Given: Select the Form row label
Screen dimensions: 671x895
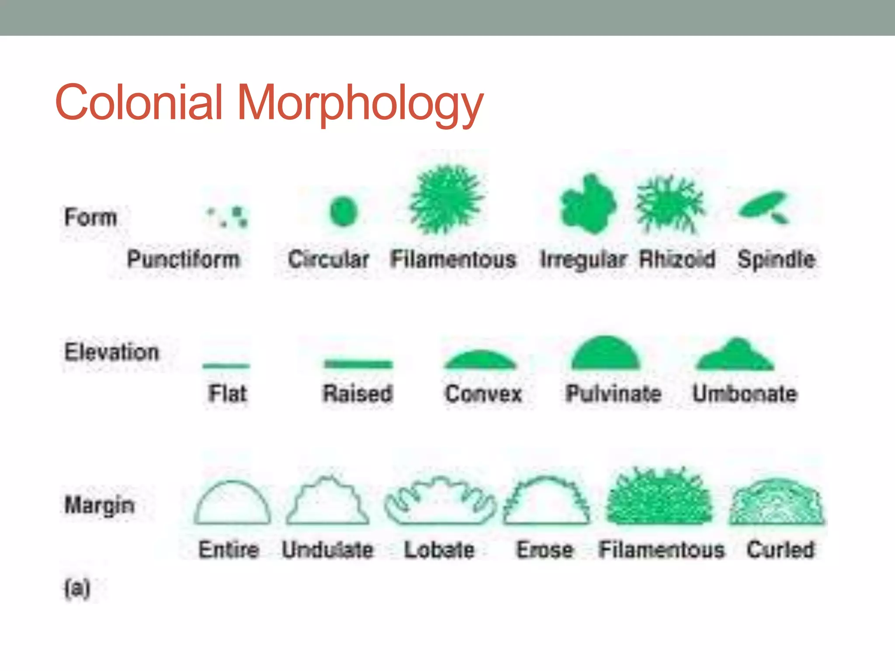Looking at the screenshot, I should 90,217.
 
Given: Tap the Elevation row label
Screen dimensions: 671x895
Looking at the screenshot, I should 111,352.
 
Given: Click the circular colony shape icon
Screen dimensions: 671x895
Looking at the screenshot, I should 343,211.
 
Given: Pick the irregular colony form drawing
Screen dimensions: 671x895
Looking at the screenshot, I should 588,204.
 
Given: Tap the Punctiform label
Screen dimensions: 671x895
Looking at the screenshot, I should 184,259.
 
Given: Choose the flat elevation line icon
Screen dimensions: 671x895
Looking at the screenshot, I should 226,365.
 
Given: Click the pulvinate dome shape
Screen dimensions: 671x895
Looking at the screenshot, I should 605,353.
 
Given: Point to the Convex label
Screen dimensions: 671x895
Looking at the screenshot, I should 483,393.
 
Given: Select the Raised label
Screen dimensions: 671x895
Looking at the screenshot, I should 358,393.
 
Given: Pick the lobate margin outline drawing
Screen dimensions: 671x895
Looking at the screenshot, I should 440,502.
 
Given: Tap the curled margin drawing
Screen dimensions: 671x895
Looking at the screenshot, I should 777,502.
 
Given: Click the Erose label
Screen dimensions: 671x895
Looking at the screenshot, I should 545,549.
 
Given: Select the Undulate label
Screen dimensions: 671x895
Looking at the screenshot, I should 328,549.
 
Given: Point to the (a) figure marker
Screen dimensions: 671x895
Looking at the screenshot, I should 77,588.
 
